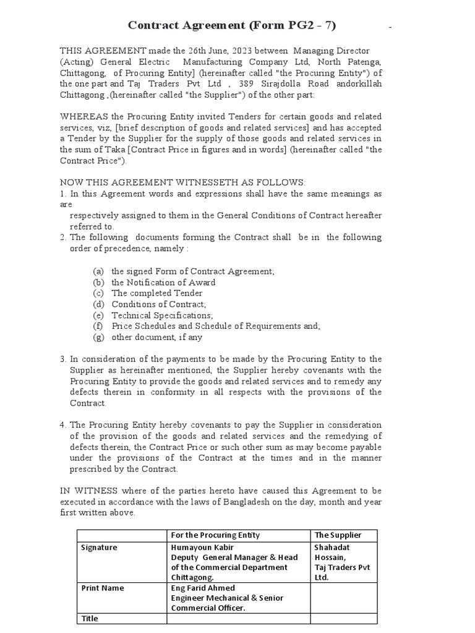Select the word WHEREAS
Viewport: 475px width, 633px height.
[x=83, y=117]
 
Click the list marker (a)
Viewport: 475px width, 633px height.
[x=98, y=271]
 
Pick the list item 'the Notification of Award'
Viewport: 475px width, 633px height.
[x=163, y=283]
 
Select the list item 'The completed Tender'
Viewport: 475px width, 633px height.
[x=156, y=294]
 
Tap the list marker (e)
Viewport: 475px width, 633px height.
[x=98, y=315]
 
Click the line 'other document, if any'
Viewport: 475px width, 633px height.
[x=156, y=338]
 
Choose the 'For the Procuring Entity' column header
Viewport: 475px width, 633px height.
[x=215, y=535]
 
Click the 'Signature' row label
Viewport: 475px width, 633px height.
[x=99, y=548]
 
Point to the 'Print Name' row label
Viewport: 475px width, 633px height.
[x=102, y=588]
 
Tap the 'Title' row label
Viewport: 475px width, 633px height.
[x=90, y=618]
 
